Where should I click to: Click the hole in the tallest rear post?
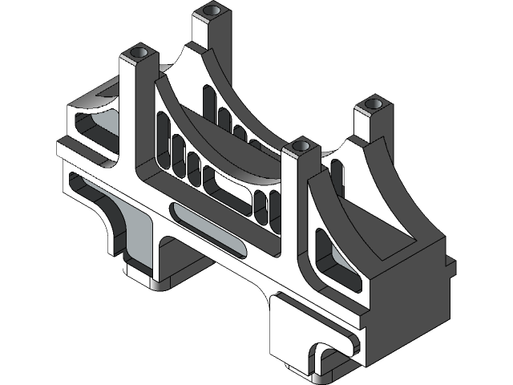(x=212, y=11)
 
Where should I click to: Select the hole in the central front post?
(x=301, y=145)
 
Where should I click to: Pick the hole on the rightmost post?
(x=371, y=104)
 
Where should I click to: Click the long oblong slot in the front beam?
(x=209, y=228)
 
